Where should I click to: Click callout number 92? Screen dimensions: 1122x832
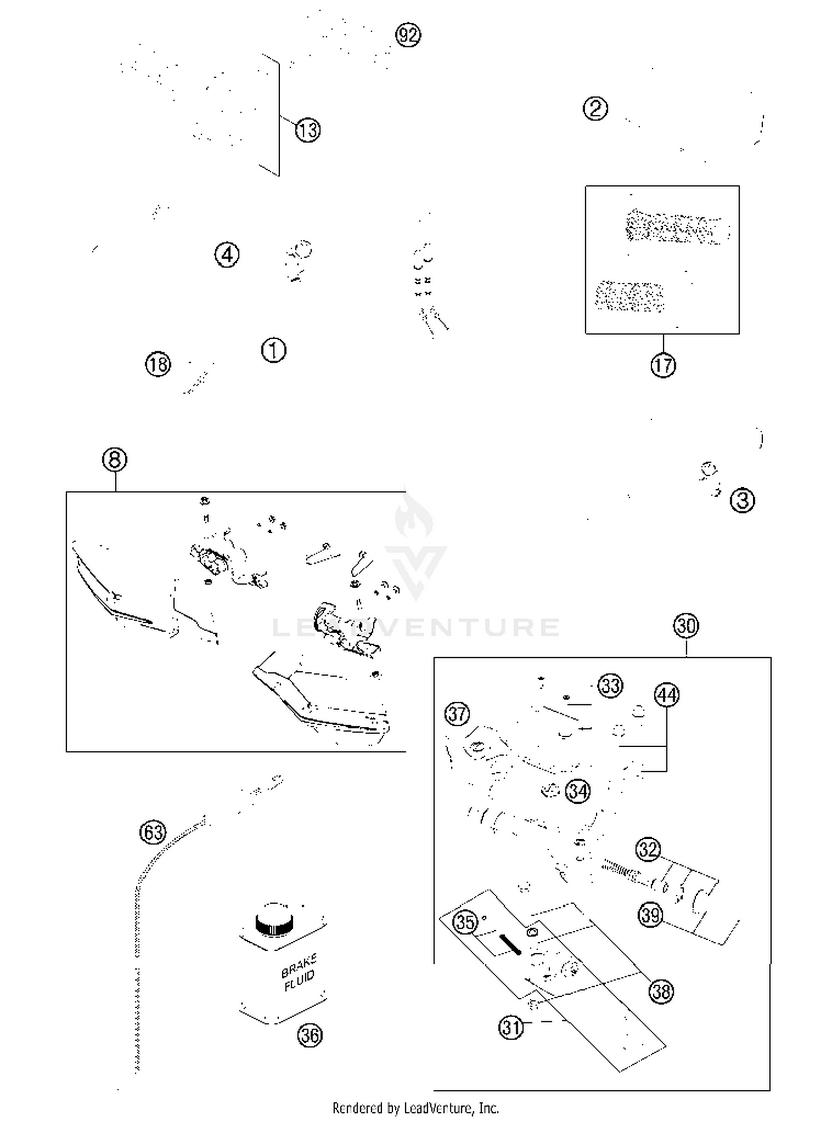pyautogui.click(x=408, y=35)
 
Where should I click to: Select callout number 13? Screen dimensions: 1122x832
pyautogui.click(x=307, y=130)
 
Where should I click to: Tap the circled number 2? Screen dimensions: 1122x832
pyautogui.click(x=595, y=108)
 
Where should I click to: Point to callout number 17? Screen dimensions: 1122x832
pyautogui.click(x=663, y=365)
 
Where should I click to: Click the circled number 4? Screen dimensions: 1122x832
pyautogui.click(x=227, y=255)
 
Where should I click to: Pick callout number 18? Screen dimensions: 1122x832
pyautogui.click(x=158, y=365)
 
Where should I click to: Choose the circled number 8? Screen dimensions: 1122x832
pyautogui.click(x=115, y=460)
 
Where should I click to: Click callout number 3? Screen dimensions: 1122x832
pyautogui.click(x=742, y=501)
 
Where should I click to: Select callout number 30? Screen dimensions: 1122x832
pyautogui.click(x=686, y=626)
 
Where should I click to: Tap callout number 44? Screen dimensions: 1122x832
pyautogui.click(x=667, y=695)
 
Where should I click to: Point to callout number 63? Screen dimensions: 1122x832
pyautogui.click(x=153, y=832)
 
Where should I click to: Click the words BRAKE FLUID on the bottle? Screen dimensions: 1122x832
pyautogui.click(x=299, y=972)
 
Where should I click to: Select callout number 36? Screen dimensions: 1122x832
pyautogui.click(x=310, y=1035)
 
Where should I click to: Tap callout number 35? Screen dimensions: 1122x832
pyautogui.click(x=465, y=922)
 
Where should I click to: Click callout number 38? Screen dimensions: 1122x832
pyautogui.click(x=661, y=991)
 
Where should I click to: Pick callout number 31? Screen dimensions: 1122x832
pyautogui.click(x=511, y=1027)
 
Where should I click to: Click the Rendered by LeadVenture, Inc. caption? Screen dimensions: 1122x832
pyautogui.click(x=415, y=1108)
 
